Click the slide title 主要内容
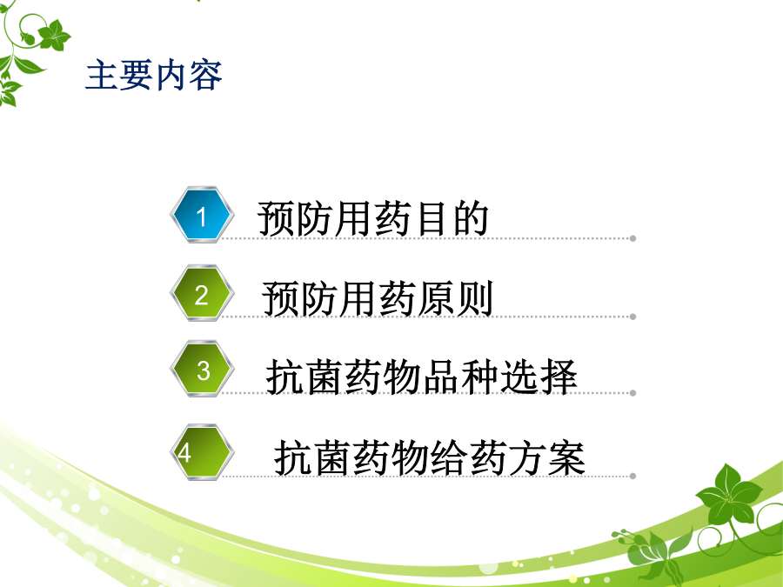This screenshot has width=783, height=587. pyautogui.click(x=154, y=76)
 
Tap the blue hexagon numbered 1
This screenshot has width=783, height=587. pyautogui.click(x=202, y=215)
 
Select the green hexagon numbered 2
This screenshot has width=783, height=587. pyautogui.click(x=202, y=293)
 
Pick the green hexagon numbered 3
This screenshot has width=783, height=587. pyautogui.click(x=202, y=369)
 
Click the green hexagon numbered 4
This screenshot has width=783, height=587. pyautogui.click(x=202, y=452)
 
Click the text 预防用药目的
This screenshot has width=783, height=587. pyautogui.click(x=373, y=218)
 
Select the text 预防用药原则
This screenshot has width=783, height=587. pyautogui.click(x=378, y=298)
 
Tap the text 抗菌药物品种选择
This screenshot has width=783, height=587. pyautogui.click(x=421, y=377)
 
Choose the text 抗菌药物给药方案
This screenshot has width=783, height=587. pyautogui.click(x=430, y=457)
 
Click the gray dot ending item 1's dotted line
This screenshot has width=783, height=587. pyautogui.click(x=632, y=238)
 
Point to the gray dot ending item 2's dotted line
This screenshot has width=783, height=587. pyautogui.click(x=632, y=317)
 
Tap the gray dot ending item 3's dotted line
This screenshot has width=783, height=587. pyautogui.click(x=632, y=393)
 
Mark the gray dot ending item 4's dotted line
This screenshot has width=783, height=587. pyautogui.click(x=632, y=477)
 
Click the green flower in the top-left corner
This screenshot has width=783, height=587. pyautogui.click(x=54, y=36)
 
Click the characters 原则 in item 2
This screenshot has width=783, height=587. pyautogui.click(x=455, y=298)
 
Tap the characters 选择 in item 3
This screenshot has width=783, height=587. pyautogui.click(x=539, y=377)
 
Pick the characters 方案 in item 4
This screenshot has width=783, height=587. pyautogui.click(x=547, y=457)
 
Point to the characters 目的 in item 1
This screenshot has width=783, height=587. pyautogui.click(x=452, y=218)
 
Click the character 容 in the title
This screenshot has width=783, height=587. pyautogui.click(x=205, y=76)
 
